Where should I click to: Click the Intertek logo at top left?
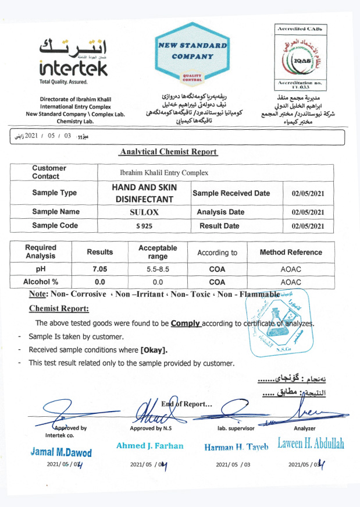(x=73, y=58)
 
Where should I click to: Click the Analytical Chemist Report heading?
(x=168, y=152)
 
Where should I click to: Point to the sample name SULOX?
(x=144, y=212)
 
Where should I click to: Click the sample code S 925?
(x=144, y=225)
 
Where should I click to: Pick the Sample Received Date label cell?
(x=231, y=193)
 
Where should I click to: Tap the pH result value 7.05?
(x=100, y=270)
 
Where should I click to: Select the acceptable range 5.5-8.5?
(x=158, y=270)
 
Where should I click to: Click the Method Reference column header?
(x=290, y=253)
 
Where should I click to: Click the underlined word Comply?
(x=186, y=323)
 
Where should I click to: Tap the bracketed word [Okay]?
(x=154, y=350)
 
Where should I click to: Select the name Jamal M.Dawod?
(x=60, y=452)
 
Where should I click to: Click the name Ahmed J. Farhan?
(x=149, y=446)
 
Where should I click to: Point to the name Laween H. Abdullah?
(x=311, y=444)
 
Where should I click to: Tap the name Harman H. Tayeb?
(x=236, y=447)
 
